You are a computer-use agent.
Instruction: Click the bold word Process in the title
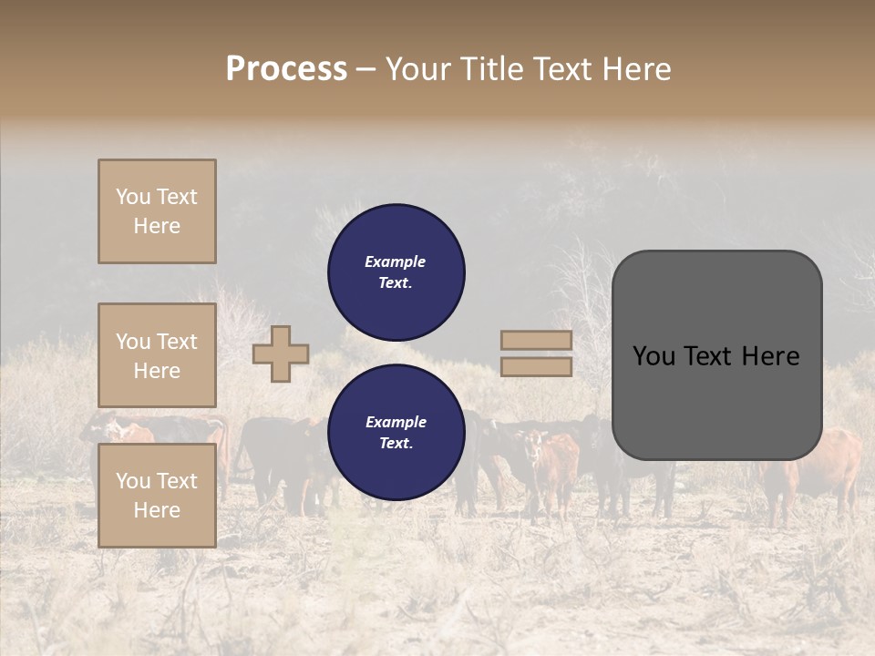(286, 69)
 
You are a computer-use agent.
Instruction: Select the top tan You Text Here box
(157, 211)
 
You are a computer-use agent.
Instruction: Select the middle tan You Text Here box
(157, 355)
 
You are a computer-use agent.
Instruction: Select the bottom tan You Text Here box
(157, 495)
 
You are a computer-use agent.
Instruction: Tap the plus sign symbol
(281, 354)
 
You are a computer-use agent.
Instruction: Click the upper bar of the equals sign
(537, 341)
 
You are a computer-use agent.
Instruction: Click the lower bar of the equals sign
(537, 366)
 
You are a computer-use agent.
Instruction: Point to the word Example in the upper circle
(396, 261)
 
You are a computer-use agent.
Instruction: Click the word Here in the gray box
(770, 356)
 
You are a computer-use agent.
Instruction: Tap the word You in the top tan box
(132, 197)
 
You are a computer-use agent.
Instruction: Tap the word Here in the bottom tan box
(157, 509)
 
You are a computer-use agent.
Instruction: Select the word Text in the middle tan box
(176, 342)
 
